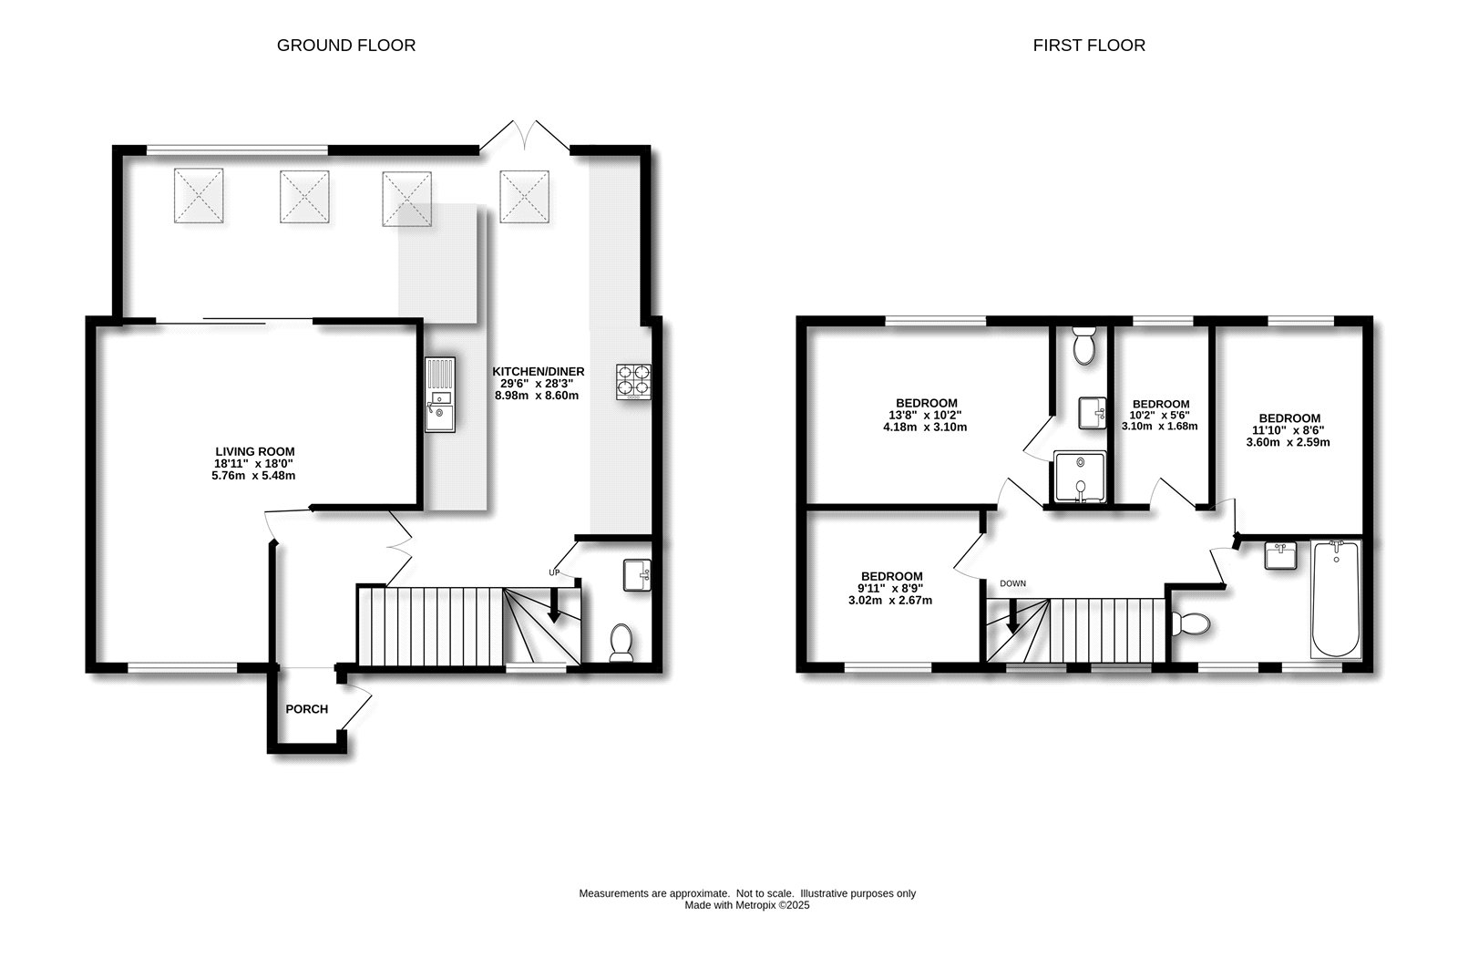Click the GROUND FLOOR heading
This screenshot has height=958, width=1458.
coord(346,45)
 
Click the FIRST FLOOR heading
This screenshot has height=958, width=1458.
coord(1089,45)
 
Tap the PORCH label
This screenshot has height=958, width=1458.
coord(306,709)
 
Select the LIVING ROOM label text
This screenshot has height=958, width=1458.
coord(254,451)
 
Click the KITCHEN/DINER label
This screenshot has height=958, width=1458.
coord(538,371)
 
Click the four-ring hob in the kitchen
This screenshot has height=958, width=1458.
coord(634,382)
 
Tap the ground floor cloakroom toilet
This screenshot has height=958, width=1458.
coord(621,642)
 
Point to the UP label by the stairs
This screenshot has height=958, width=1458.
coord(553,572)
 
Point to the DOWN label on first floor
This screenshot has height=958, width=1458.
coord(1012,583)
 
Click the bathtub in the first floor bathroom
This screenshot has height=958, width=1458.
coord(1335,598)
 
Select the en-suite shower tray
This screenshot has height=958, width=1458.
coord(1079,477)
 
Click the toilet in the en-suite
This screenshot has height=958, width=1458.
coord(1084,345)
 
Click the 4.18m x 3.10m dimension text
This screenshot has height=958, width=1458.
coord(926,427)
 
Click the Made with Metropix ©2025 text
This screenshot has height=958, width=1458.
coord(747,905)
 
